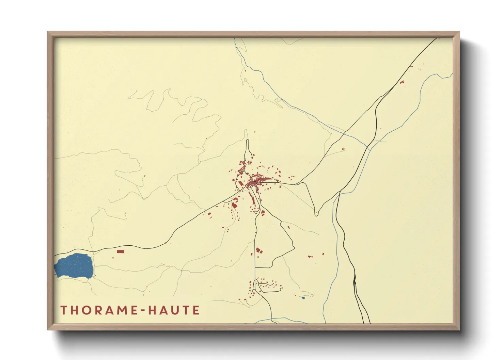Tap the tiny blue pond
tap(303, 298)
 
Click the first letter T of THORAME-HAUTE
tap(64, 310)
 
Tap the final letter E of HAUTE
tap(196, 310)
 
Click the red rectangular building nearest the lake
tap(121, 251)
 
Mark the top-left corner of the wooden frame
tap(48, 32)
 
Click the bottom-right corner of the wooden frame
tap(459, 329)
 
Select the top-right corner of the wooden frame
tap(459, 32)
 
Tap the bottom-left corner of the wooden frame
tap(48, 329)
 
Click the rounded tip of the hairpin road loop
tap(316, 215)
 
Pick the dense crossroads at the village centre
tap(253, 184)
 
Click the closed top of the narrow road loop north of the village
tap(247, 140)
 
